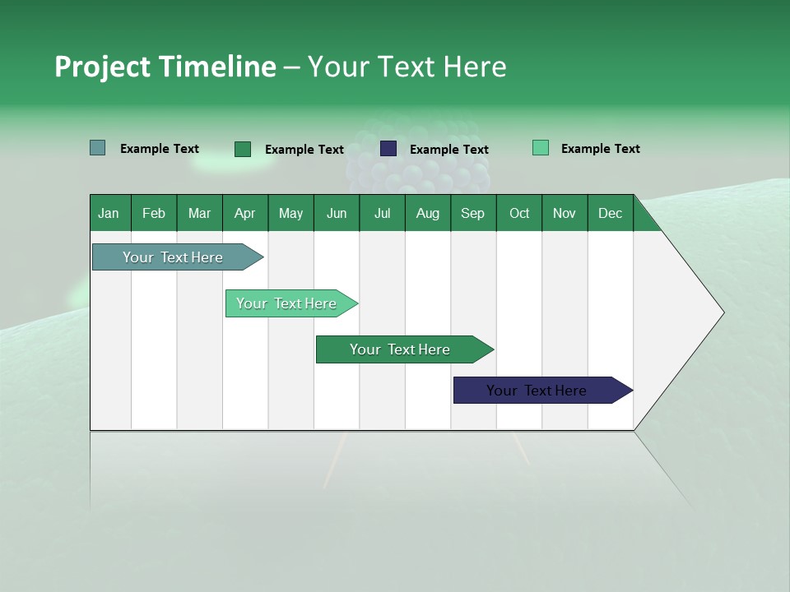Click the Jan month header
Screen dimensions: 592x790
click(x=109, y=213)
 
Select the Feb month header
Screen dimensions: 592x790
click(x=154, y=213)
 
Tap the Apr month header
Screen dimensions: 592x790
click(x=244, y=213)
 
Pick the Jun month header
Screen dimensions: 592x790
click(x=337, y=213)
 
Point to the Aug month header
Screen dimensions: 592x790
click(x=427, y=213)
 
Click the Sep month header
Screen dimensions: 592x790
click(x=472, y=213)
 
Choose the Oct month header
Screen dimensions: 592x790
click(x=519, y=213)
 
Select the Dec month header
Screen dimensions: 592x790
click(x=610, y=213)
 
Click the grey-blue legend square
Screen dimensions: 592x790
click(x=98, y=148)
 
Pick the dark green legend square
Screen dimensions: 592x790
click(x=243, y=149)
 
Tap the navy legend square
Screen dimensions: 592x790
click(x=388, y=149)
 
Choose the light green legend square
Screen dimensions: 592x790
click(x=541, y=148)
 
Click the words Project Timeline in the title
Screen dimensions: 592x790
click(x=165, y=67)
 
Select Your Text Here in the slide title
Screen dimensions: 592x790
click(x=407, y=67)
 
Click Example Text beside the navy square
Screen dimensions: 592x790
click(x=449, y=150)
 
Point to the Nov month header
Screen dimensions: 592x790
click(x=565, y=213)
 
